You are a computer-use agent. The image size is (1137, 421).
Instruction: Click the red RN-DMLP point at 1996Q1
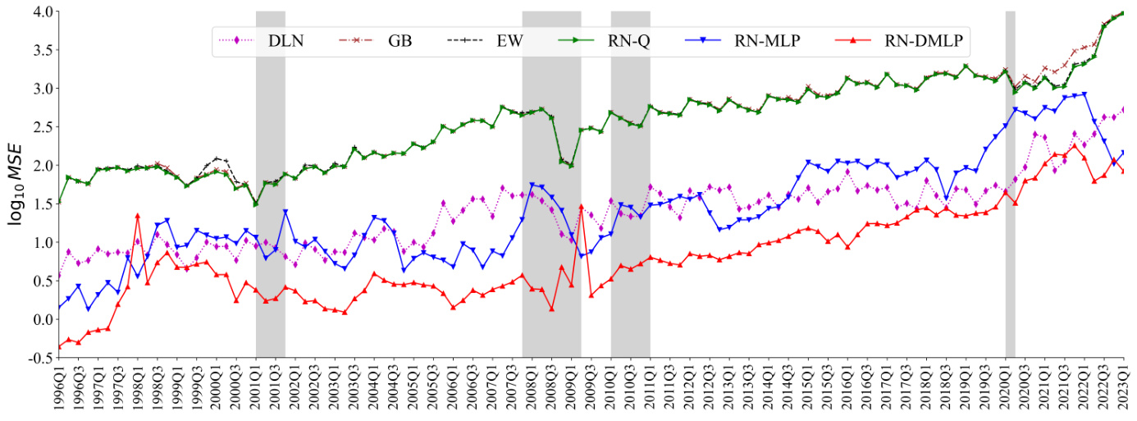(x=59, y=346)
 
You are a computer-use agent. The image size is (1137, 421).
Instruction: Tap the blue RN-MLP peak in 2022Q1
(x=1084, y=94)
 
